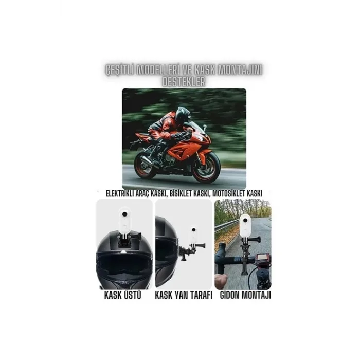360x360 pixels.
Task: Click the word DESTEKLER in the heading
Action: point(183,81)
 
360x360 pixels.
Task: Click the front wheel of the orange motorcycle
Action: point(206,166)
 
